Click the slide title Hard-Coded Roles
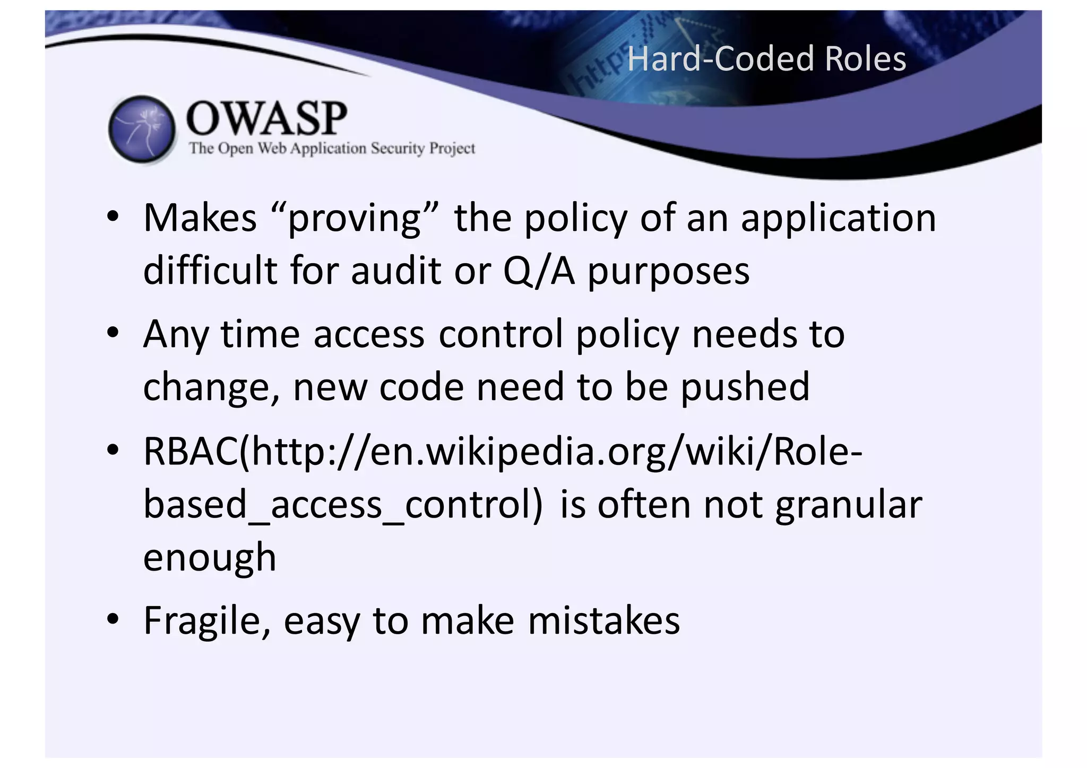(x=766, y=58)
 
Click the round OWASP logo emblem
(x=142, y=129)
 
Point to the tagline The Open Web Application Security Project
(x=332, y=148)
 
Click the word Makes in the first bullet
(x=200, y=218)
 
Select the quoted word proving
(x=355, y=219)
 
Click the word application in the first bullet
(x=838, y=219)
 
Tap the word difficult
(x=210, y=270)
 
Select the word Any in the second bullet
(x=176, y=335)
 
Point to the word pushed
(x=745, y=387)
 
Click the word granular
(x=848, y=505)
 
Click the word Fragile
(x=207, y=621)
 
